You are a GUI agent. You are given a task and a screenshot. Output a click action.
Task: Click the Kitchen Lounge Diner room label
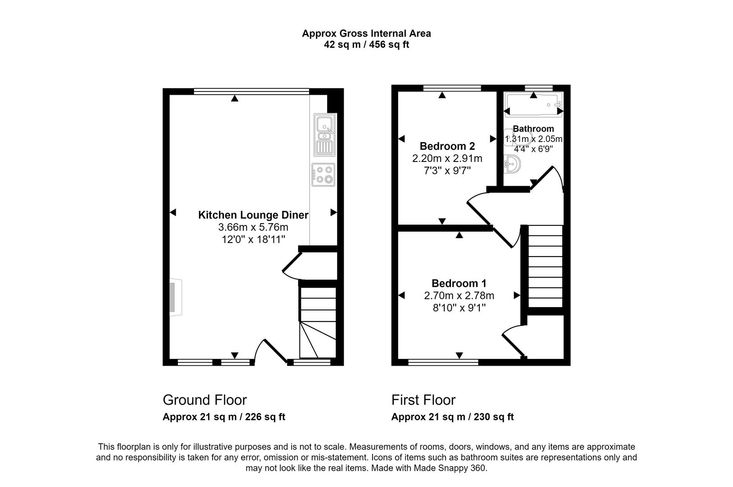pyautogui.click(x=253, y=215)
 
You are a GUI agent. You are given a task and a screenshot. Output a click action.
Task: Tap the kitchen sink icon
pyautogui.click(x=324, y=133)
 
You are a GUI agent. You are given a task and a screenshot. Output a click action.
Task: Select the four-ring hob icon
pyautogui.click(x=323, y=175)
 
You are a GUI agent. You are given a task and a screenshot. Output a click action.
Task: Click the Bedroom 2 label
pyautogui.click(x=447, y=146)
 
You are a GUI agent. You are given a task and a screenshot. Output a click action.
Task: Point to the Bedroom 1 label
pyautogui.click(x=459, y=283)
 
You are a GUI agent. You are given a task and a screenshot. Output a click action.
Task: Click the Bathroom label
pyautogui.click(x=533, y=129)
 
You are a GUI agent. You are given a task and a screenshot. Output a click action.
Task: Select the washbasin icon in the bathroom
pyautogui.click(x=512, y=164)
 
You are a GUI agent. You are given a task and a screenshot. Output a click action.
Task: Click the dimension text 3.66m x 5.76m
pyautogui.click(x=253, y=227)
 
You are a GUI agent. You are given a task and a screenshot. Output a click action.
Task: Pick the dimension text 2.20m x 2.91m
pyautogui.click(x=447, y=159)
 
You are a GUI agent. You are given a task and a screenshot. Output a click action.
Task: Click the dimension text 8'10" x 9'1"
pyautogui.click(x=459, y=308)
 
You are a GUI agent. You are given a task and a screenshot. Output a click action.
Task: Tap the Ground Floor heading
pyautogui.click(x=205, y=400)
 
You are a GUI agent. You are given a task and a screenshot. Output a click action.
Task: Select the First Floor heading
pyautogui.click(x=423, y=400)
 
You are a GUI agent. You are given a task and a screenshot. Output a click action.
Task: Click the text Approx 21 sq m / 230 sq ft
pyautogui.click(x=452, y=417)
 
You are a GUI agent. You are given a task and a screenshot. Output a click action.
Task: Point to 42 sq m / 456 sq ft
pyautogui.click(x=366, y=45)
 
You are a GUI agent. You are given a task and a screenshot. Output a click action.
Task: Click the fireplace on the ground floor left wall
pyautogui.click(x=175, y=298)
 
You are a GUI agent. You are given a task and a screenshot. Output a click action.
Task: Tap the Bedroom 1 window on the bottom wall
pyautogui.click(x=443, y=362)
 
